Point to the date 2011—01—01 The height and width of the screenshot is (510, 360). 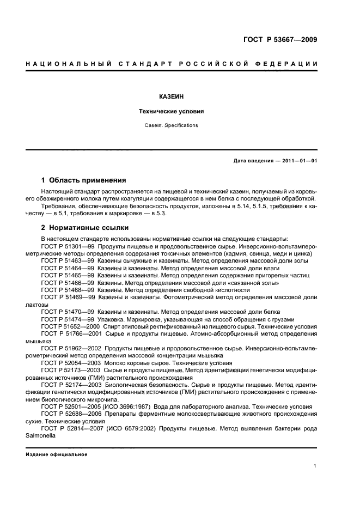(298, 161)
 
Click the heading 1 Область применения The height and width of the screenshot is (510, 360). (84, 180)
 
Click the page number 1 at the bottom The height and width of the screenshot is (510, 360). (315, 465)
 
